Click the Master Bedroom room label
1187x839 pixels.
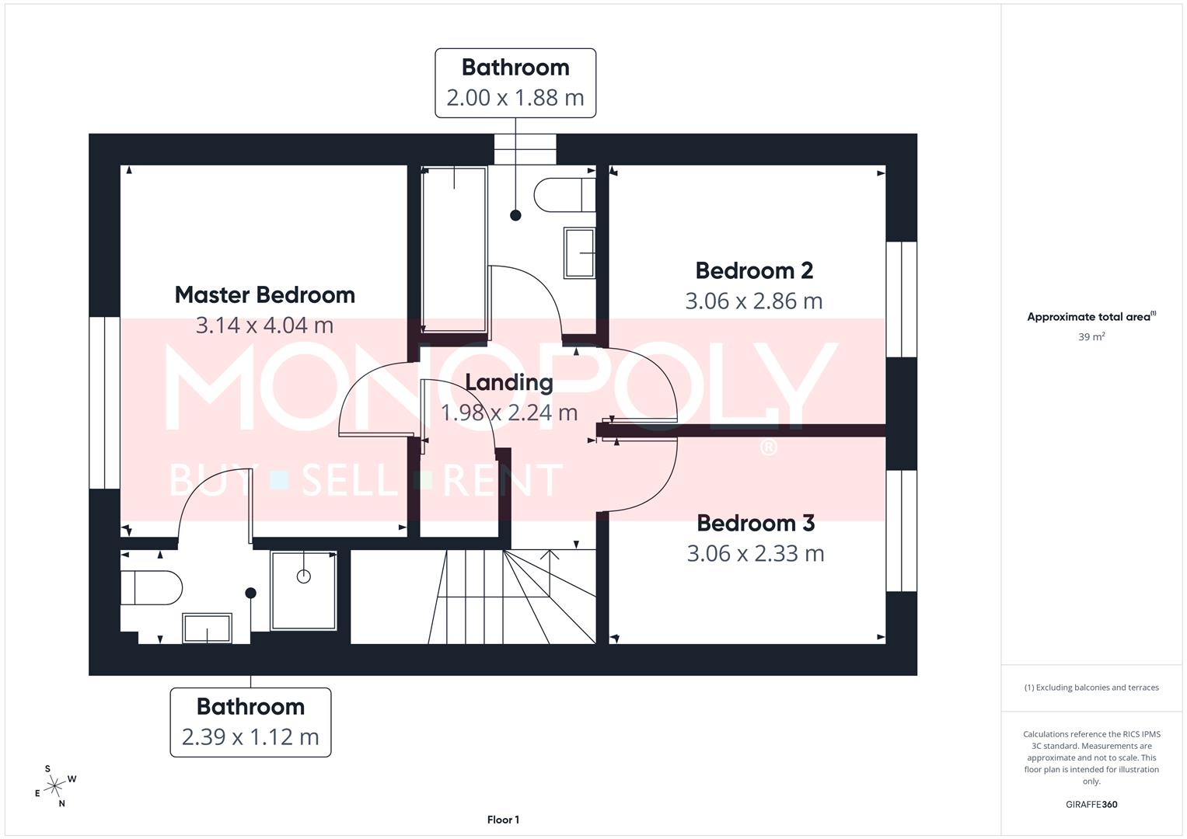tap(264, 295)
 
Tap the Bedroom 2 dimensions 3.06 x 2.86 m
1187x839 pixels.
tap(753, 301)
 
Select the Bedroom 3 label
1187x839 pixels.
tap(755, 524)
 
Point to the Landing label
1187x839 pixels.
tap(509, 382)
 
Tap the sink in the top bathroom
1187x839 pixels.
tap(579, 252)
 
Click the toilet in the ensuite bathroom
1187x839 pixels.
tap(151, 587)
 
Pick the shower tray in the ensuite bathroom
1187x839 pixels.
tap(303, 590)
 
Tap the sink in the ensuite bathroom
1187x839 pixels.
tap(207, 628)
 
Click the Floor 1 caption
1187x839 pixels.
tap(503, 820)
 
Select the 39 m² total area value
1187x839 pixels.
tap(1091, 337)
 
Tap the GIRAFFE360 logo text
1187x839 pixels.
tap(1091, 805)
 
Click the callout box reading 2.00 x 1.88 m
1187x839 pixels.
tap(515, 83)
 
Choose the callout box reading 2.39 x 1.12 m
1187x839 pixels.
tap(250, 722)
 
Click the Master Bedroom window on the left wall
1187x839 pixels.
tap(104, 402)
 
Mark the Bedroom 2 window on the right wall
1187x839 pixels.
tap(902, 299)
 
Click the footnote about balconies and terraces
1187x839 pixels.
tap(1091, 688)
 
